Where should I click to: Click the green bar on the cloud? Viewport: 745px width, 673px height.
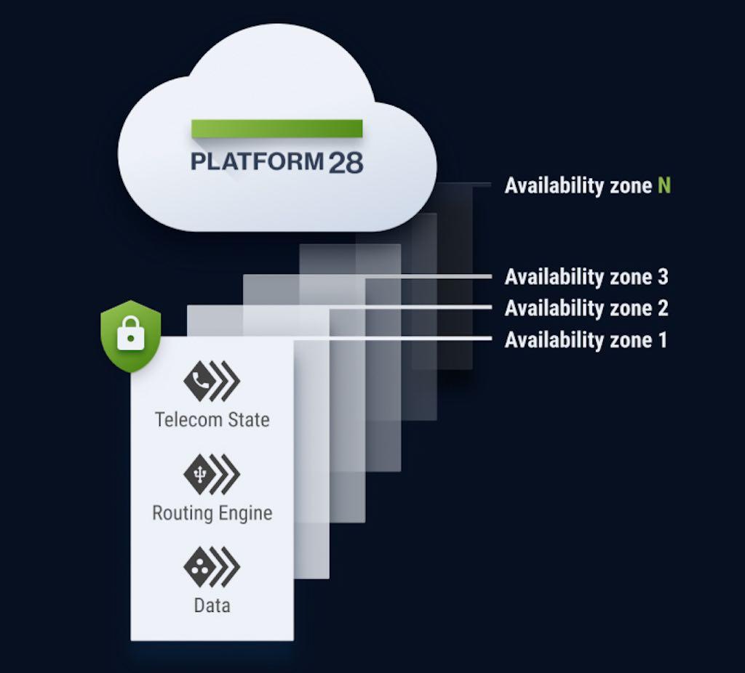[277, 129]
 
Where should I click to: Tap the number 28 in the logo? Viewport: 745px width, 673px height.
[346, 162]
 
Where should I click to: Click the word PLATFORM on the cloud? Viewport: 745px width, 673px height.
[257, 161]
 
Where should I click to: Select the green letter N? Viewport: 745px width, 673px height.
[664, 185]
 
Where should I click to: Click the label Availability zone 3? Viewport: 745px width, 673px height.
[586, 277]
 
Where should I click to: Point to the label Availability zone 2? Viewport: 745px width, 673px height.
[586, 308]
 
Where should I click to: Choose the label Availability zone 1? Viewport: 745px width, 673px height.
[586, 340]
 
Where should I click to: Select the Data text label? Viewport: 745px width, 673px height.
[212, 605]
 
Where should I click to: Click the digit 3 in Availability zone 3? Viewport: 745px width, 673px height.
[663, 277]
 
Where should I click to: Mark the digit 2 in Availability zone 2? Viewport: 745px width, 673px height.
[663, 308]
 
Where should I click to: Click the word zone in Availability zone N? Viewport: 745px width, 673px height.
[631, 186]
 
